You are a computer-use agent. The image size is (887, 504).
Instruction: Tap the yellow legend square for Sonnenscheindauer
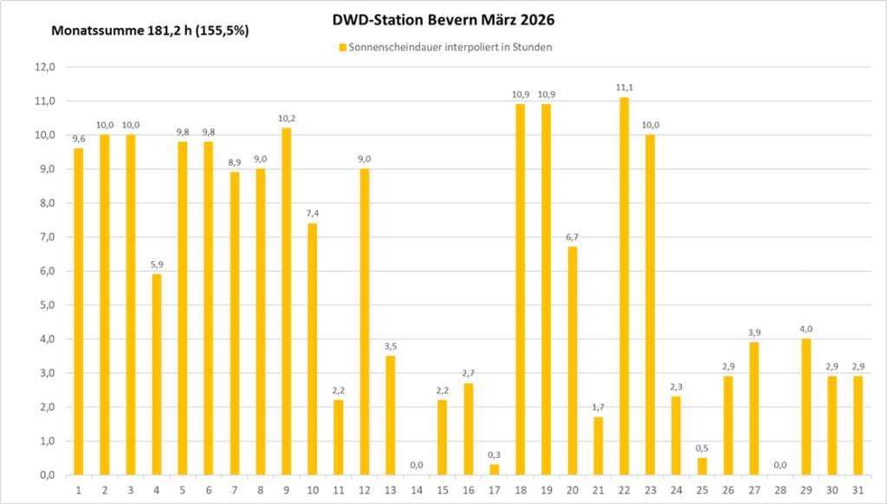pyautogui.click(x=342, y=48)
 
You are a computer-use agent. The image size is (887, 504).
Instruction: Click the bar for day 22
pyautogui.click(x=624, y=286)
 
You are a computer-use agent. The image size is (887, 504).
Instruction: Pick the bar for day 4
pyautogui.click(x=157, y=375)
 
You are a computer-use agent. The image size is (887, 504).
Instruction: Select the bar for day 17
pyautogui.click(x=495, y=469)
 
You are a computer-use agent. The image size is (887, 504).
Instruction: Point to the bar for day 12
pyautogui.click(x=365, y=322)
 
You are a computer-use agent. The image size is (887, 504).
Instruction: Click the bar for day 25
pyautogui.click(x=702, y=466)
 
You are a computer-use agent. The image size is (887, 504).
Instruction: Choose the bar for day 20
pyautogui.click(x=572, y=361)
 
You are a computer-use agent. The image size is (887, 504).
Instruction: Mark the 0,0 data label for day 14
pyautogui.click(x=417, y=466)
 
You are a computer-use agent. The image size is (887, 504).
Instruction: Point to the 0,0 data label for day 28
pyautogui.click(x=780, y=466)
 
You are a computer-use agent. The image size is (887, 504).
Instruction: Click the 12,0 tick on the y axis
pyautogui.click(x=43, y=67)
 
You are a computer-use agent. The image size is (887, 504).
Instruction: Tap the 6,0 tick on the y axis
pyautogui.click(x=43, y=271)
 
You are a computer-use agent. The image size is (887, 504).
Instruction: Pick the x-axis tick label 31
pyautogui.click(x=858, y=490)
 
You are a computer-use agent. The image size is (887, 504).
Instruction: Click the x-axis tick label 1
pyautogui.click(x=79, y=490)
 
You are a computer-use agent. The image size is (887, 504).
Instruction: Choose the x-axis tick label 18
pyautogui.click(x=520, y=490)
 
